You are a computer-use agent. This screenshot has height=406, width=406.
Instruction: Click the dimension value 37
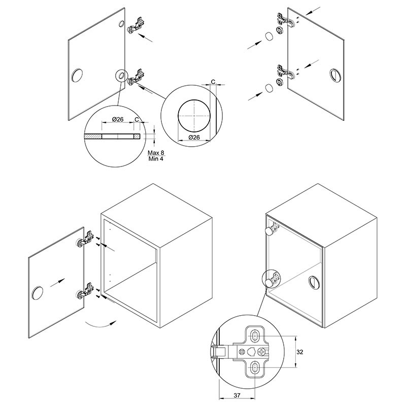click(x=236, y=395)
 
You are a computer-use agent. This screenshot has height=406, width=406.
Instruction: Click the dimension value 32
click(x=299, y=352)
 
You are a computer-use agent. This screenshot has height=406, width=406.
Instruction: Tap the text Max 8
click(x=156, y=153)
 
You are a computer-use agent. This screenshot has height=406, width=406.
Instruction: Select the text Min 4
click(x=156, y=159)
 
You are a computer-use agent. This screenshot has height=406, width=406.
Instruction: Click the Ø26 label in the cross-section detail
click(x=118, y=119)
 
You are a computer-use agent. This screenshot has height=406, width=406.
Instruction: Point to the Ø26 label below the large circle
click(x=194, y=137)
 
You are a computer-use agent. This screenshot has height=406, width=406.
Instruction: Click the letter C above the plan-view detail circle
click(x=213, y=82)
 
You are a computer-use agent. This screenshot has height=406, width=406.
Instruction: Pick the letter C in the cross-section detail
click(x=137, y=119)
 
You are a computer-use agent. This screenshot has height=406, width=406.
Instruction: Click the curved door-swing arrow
click(x=101, y=324)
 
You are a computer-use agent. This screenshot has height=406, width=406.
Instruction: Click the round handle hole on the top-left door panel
click(x=77, y=76)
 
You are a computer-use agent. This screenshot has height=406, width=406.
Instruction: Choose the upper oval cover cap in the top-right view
click(x=269, y=36)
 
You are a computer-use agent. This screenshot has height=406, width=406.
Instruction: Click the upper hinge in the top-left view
click(x=136, y=25)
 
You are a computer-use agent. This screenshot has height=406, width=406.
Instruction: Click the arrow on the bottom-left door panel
click(x=57, y=283)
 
